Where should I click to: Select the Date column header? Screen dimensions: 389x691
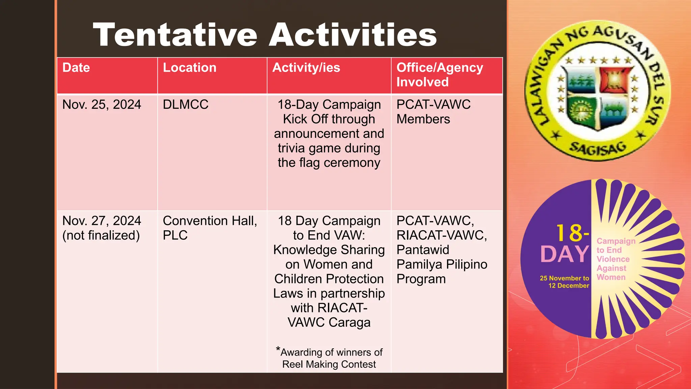tap(76, 68)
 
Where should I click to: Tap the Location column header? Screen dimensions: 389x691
tap(190, 68)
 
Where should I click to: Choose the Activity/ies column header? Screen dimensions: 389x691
tap(306, 68)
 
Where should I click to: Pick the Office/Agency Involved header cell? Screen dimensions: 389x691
tap(439, 75)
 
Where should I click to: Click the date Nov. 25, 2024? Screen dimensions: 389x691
tap(102, 105)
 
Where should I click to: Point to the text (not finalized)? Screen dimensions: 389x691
tap(101, 235)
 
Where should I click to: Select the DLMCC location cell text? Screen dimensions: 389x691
tap(186, 105)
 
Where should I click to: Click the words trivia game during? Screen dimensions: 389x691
tap(329, 148)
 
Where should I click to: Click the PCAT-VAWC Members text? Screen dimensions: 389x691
tap(433, 112)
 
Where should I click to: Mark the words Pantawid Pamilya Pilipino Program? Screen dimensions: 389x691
tap(441, 264)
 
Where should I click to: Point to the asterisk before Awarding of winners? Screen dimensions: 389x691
tap(278, 349)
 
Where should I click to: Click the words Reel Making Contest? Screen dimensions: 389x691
tap(329, 365)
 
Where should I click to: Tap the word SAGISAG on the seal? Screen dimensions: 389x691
tap(598, 149)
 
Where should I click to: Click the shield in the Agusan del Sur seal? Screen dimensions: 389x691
tap(597, 98)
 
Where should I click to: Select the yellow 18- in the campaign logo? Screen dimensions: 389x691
tap(572, 233)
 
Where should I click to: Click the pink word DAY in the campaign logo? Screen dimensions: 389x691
tap(564, 254)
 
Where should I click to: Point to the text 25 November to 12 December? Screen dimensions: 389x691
tap(564, 282)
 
